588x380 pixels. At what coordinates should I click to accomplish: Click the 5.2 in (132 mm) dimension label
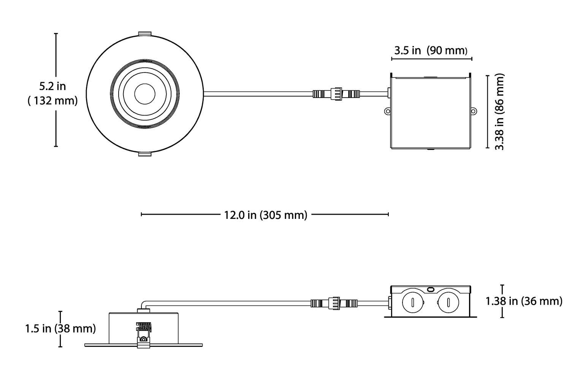point(53,93)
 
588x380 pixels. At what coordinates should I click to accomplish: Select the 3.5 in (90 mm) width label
point(430,51)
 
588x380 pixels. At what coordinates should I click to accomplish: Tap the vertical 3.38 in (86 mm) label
point(499,112)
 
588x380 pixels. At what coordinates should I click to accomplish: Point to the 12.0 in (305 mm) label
point(265,215)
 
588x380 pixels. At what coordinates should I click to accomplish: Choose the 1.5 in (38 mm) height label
point(60,328)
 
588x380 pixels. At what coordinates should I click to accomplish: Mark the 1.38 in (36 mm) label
point(524,301)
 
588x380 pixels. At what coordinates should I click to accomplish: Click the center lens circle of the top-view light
point(144,93)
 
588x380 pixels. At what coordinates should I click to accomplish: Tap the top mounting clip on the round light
point(144,34)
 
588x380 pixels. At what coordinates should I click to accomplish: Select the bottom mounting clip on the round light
point(144,154)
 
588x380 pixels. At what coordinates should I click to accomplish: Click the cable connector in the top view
point(336,93)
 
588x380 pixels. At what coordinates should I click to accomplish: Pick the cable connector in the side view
point(334,303)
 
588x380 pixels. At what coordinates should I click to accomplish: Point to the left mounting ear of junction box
point(387,111)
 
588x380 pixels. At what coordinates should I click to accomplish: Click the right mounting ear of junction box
point(474,111)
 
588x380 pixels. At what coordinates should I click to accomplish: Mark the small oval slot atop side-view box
point(431,289)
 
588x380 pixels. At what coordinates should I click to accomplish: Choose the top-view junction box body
point(431,114)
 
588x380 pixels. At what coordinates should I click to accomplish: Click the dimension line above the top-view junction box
point(431,59)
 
